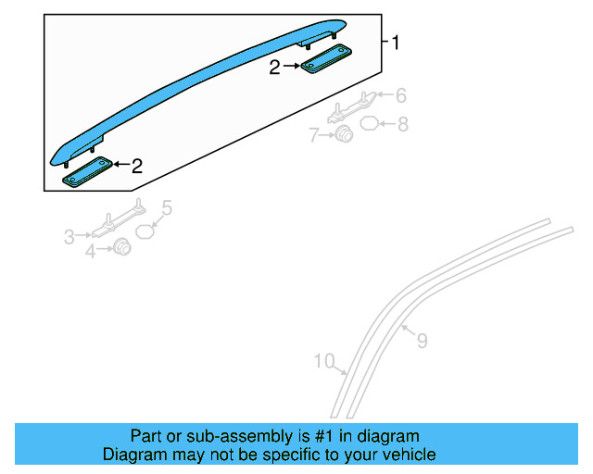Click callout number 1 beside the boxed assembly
click(396, 43)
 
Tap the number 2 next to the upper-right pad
click(275, 67)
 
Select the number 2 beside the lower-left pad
click(137, 167)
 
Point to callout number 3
click(69, 238)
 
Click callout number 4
click(90, 251)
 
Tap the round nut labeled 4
click(120, 248)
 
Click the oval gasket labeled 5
click(145, 231)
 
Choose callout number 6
click(401, 95)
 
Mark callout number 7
click(316, 136)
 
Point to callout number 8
click(402, 123)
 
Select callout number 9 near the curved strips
click(422, 342)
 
